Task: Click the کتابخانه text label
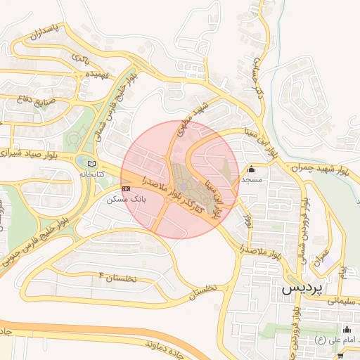click(91, 173)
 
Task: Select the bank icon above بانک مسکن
click(126, 189)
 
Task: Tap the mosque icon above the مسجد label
click(251, 169)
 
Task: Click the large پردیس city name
click(303, 289)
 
